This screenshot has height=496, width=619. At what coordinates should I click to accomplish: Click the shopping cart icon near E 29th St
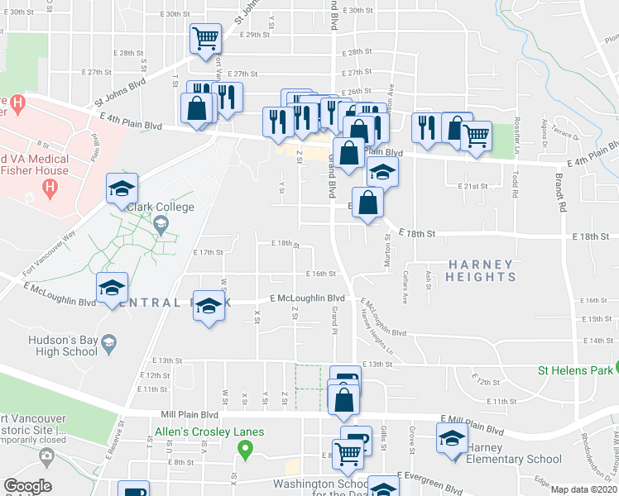204,37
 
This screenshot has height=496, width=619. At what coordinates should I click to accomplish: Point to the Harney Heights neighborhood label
480,270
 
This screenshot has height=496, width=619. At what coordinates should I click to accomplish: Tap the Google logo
27,486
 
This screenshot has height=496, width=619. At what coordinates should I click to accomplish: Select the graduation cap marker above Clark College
122,188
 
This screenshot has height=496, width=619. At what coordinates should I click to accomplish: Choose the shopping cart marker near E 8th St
348,452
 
